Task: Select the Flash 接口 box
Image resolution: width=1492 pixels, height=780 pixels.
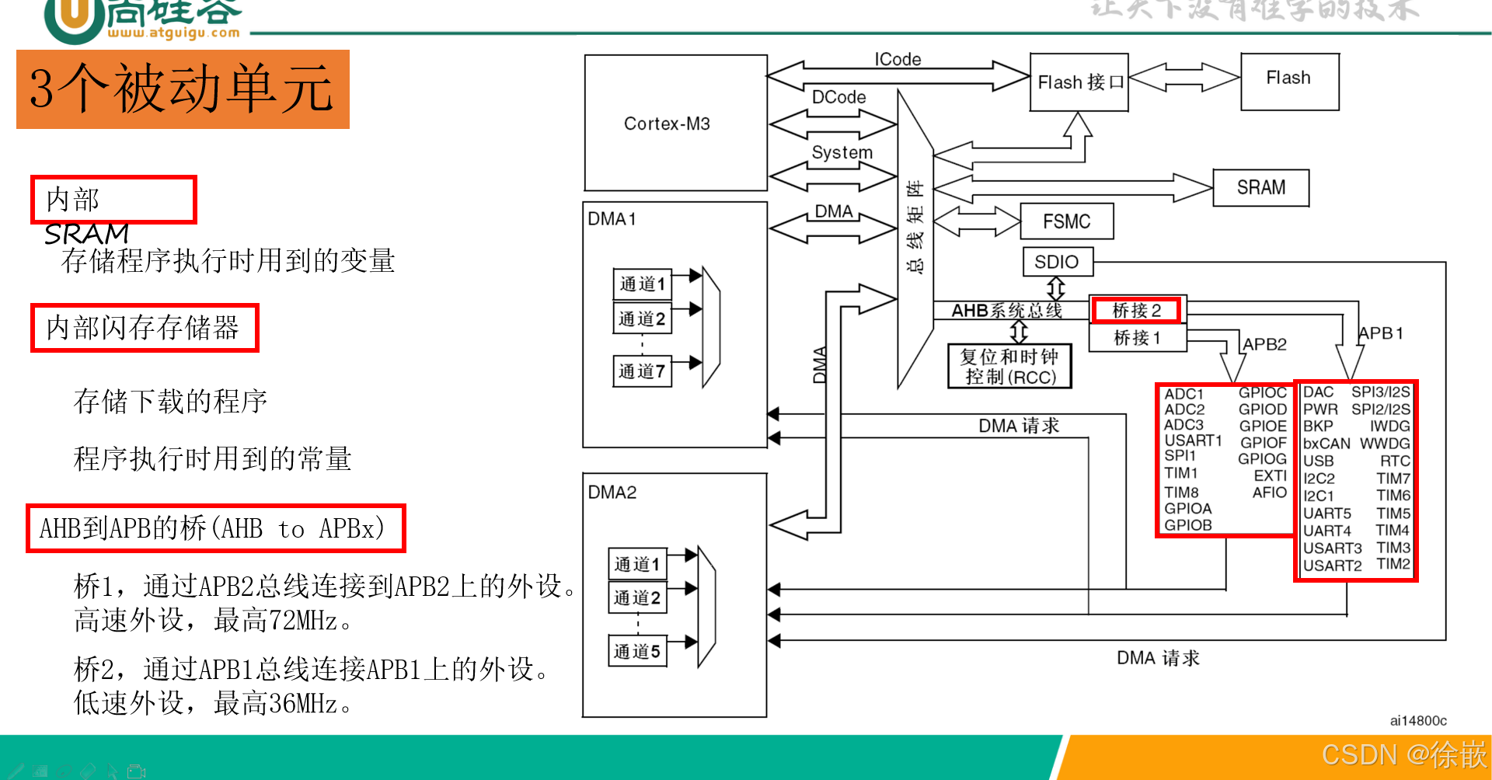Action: (x=1079, y=82)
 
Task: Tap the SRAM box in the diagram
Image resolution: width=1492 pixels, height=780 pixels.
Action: (x=1260, y=188)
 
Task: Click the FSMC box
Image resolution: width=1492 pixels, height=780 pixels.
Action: (x=1066, y=221)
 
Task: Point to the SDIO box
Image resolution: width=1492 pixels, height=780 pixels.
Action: (x=1057, y=262)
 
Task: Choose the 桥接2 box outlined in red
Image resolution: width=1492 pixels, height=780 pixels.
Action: (x=1136, y=311)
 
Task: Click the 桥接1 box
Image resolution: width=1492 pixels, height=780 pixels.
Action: (x=1137, y=338)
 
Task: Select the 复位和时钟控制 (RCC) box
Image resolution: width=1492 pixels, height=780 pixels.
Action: (x=1009, y=367)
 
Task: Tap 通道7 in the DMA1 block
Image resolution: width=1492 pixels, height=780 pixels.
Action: (x=642, y=371)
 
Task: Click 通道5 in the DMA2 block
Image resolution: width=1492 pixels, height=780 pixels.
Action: (x=637, y=651)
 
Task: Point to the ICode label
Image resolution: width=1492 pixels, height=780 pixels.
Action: (x=898, y=60)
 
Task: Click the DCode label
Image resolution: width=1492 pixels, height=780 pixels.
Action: (x=838, y=97)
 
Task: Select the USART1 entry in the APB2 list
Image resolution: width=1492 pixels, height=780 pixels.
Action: (x=1193, y=440)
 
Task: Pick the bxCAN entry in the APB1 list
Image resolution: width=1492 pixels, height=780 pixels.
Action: (x=1326, y=444)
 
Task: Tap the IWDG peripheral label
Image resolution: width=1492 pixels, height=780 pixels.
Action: (x=1389, y=427)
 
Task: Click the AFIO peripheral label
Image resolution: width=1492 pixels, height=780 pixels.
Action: (x=1270, y=493)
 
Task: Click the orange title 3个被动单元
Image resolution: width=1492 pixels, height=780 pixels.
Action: (x=183, y=89)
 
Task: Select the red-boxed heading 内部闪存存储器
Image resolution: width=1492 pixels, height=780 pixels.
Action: (x=144, y=328)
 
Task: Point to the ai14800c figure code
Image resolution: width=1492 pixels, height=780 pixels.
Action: (x=1418, y=721)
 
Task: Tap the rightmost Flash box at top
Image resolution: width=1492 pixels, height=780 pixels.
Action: (x=1289, y=78)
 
